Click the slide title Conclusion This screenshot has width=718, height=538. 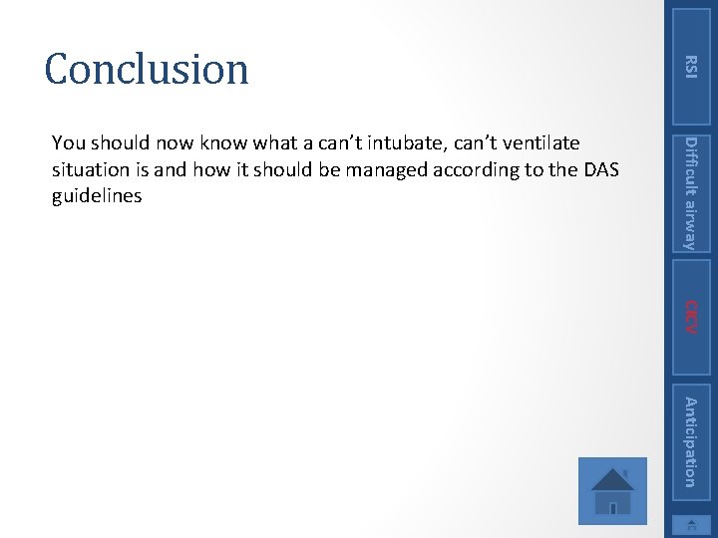point(147,69)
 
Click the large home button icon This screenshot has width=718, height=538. point(612,490)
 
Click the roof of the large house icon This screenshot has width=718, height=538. point(612,475)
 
